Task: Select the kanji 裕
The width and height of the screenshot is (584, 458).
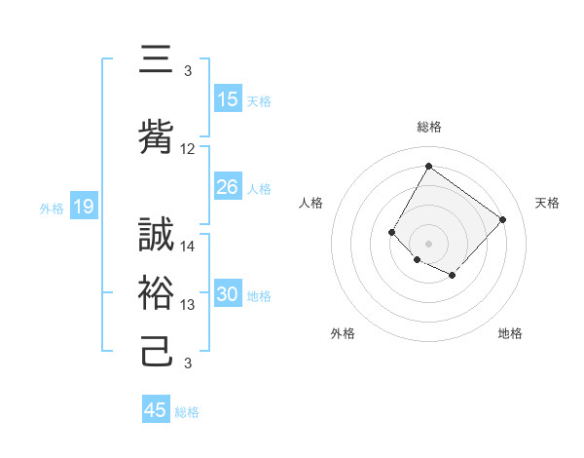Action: tap(158, 292)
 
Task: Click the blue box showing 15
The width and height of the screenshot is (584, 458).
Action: tap(228, 99)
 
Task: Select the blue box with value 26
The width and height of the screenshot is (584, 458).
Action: tap(228, 187)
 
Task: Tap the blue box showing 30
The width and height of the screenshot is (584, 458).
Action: tap(228, 295)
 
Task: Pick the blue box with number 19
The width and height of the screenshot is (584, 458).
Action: tap(84, 207)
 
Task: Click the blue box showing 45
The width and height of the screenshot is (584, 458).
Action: tap(156, 410)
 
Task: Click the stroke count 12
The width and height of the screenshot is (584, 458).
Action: tap(188, 149)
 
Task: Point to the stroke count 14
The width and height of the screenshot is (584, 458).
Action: tap(188, 247)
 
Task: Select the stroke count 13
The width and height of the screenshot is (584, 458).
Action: tap(188, 305)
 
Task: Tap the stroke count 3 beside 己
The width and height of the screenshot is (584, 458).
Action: tap(188, 363)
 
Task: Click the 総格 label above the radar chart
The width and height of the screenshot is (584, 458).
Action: tap(428, 127)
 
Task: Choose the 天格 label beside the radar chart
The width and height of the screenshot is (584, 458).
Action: tap(547, 203)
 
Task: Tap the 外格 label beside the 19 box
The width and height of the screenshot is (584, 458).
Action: tap(51, 208)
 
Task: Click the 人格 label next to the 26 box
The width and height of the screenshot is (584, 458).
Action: tap(259, 188)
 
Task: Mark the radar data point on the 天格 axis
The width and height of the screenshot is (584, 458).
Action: tap(502, 219)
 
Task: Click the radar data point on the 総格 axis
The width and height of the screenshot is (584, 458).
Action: tap(428, 166)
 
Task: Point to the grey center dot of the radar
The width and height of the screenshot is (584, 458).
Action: tap(428, 243)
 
